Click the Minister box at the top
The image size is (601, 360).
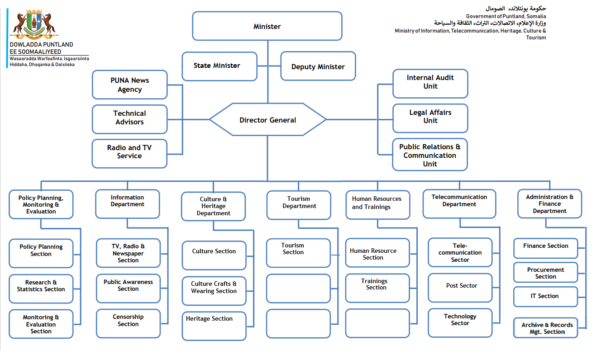coord(267,26)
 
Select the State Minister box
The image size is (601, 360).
coord(219,66)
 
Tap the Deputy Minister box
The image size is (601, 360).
coord(318,66)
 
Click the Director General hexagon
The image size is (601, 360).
coord(267,120)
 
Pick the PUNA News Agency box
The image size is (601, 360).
coord(130,85)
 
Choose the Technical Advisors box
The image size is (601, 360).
coord(130,118)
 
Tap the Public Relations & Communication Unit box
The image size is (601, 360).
coord(430,155)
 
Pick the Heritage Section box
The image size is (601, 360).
coord(214,325)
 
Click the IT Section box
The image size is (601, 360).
coord(545,296)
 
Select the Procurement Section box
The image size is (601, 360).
coord(545,273)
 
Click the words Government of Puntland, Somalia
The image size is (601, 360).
coord(506,16)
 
